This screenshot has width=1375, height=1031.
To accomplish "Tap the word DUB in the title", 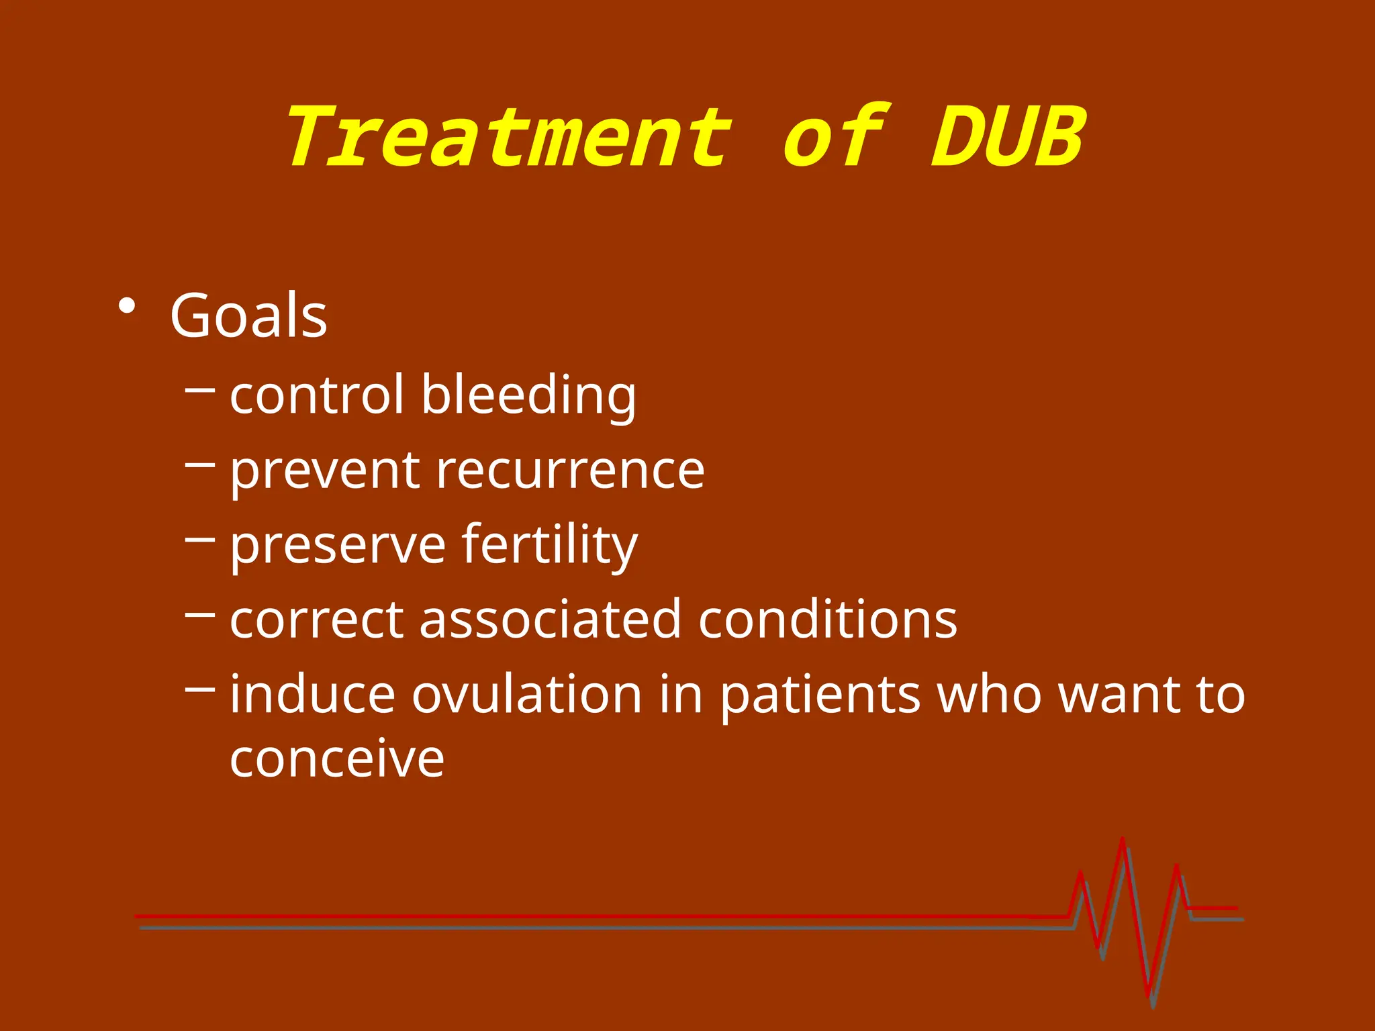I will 1008,138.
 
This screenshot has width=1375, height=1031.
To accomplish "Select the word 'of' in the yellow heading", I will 836,138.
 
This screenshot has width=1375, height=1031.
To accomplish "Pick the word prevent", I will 325,471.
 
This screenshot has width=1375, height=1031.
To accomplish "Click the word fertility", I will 549,544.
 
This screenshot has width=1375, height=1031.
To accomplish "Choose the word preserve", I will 338,546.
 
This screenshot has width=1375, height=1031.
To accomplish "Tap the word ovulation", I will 526,694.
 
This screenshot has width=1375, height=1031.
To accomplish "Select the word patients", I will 820,695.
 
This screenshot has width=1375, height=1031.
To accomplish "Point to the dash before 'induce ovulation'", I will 199,688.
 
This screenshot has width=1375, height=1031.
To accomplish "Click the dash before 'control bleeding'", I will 199,388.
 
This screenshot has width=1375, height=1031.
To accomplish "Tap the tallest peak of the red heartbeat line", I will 1123,840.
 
